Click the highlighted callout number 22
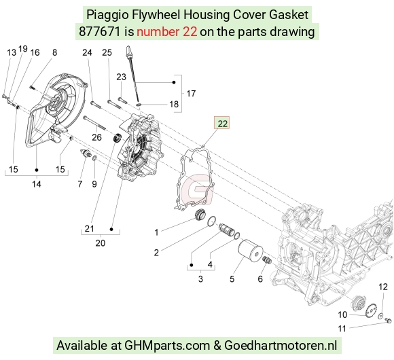(222, 124)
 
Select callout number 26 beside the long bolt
(96, 137)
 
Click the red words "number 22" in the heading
(167, 32)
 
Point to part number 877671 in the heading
(99, 32)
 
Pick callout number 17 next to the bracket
(191, 94)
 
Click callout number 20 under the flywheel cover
(101, 243)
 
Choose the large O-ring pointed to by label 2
(211, 221)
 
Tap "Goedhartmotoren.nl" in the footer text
(281, 346)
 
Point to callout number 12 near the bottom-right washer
(383, 287)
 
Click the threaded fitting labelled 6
(267, 260)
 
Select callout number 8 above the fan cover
(54, 52)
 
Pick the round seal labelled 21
(118, 138)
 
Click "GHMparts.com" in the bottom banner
(167, 346)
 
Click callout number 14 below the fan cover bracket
(36, 184)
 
